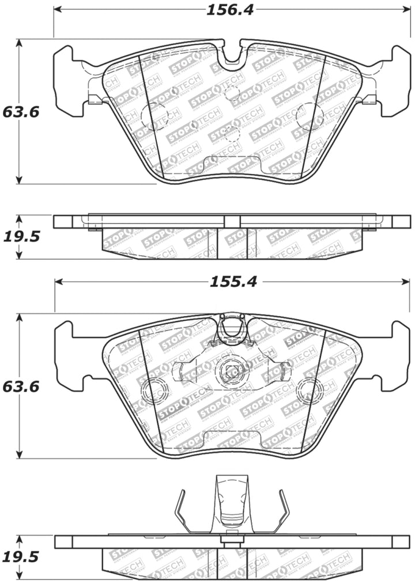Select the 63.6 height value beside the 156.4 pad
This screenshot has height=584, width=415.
(20, 112)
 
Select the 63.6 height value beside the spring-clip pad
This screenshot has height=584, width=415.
(20, 386)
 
